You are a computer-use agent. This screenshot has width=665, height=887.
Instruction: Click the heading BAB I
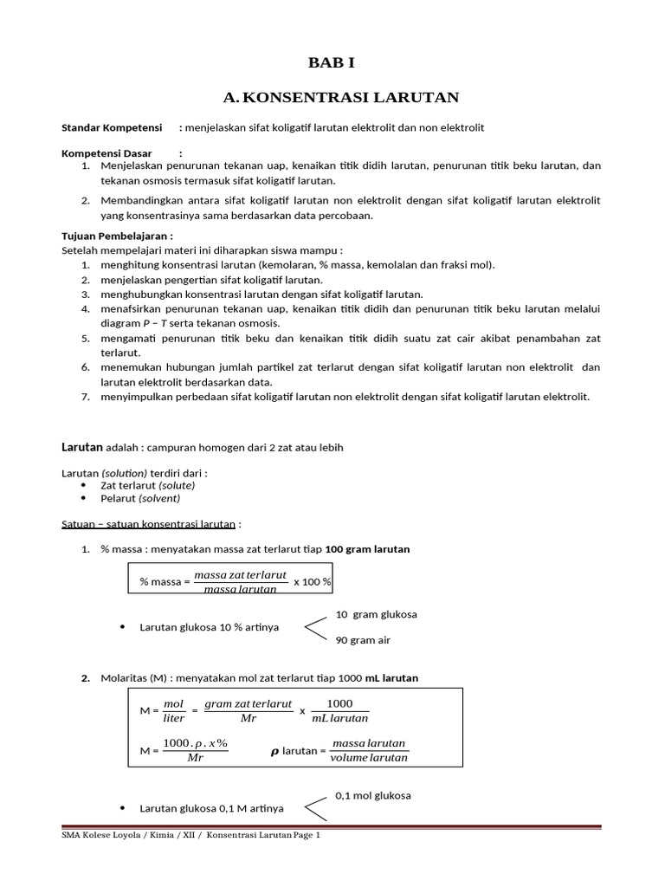[332, 63]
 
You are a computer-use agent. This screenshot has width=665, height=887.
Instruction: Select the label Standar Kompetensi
[112, 128]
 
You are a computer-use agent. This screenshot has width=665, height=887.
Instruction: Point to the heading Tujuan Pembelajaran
[117, 236]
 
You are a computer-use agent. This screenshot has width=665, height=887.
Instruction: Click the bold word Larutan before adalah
[81, 447]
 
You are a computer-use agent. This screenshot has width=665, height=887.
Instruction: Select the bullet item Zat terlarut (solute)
[147, 485]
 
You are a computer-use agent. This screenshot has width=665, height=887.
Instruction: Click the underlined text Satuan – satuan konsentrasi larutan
[151, 524]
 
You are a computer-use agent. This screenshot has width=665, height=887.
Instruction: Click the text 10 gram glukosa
[376, 614]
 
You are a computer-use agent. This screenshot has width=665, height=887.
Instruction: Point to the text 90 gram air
[365, 640]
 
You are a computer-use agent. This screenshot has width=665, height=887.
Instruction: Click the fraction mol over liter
[174, 710]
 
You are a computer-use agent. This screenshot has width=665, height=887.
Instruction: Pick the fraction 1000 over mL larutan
[339, 710]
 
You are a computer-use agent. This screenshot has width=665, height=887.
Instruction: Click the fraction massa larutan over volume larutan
[368, 751]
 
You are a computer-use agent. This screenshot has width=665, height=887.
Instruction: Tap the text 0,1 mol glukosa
[372, 795]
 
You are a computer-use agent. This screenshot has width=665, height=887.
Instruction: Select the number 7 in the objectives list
[86, 397]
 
